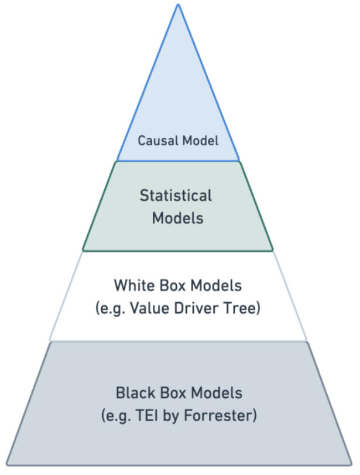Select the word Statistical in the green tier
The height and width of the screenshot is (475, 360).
[176, 195]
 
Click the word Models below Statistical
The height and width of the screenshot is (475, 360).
[177, 218]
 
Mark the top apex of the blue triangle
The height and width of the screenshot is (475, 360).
[178, 4]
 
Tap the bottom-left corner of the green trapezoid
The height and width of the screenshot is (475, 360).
[83, 251]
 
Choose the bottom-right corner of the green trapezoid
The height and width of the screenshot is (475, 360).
[273, 251]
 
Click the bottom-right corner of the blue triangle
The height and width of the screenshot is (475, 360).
[239, 160]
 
